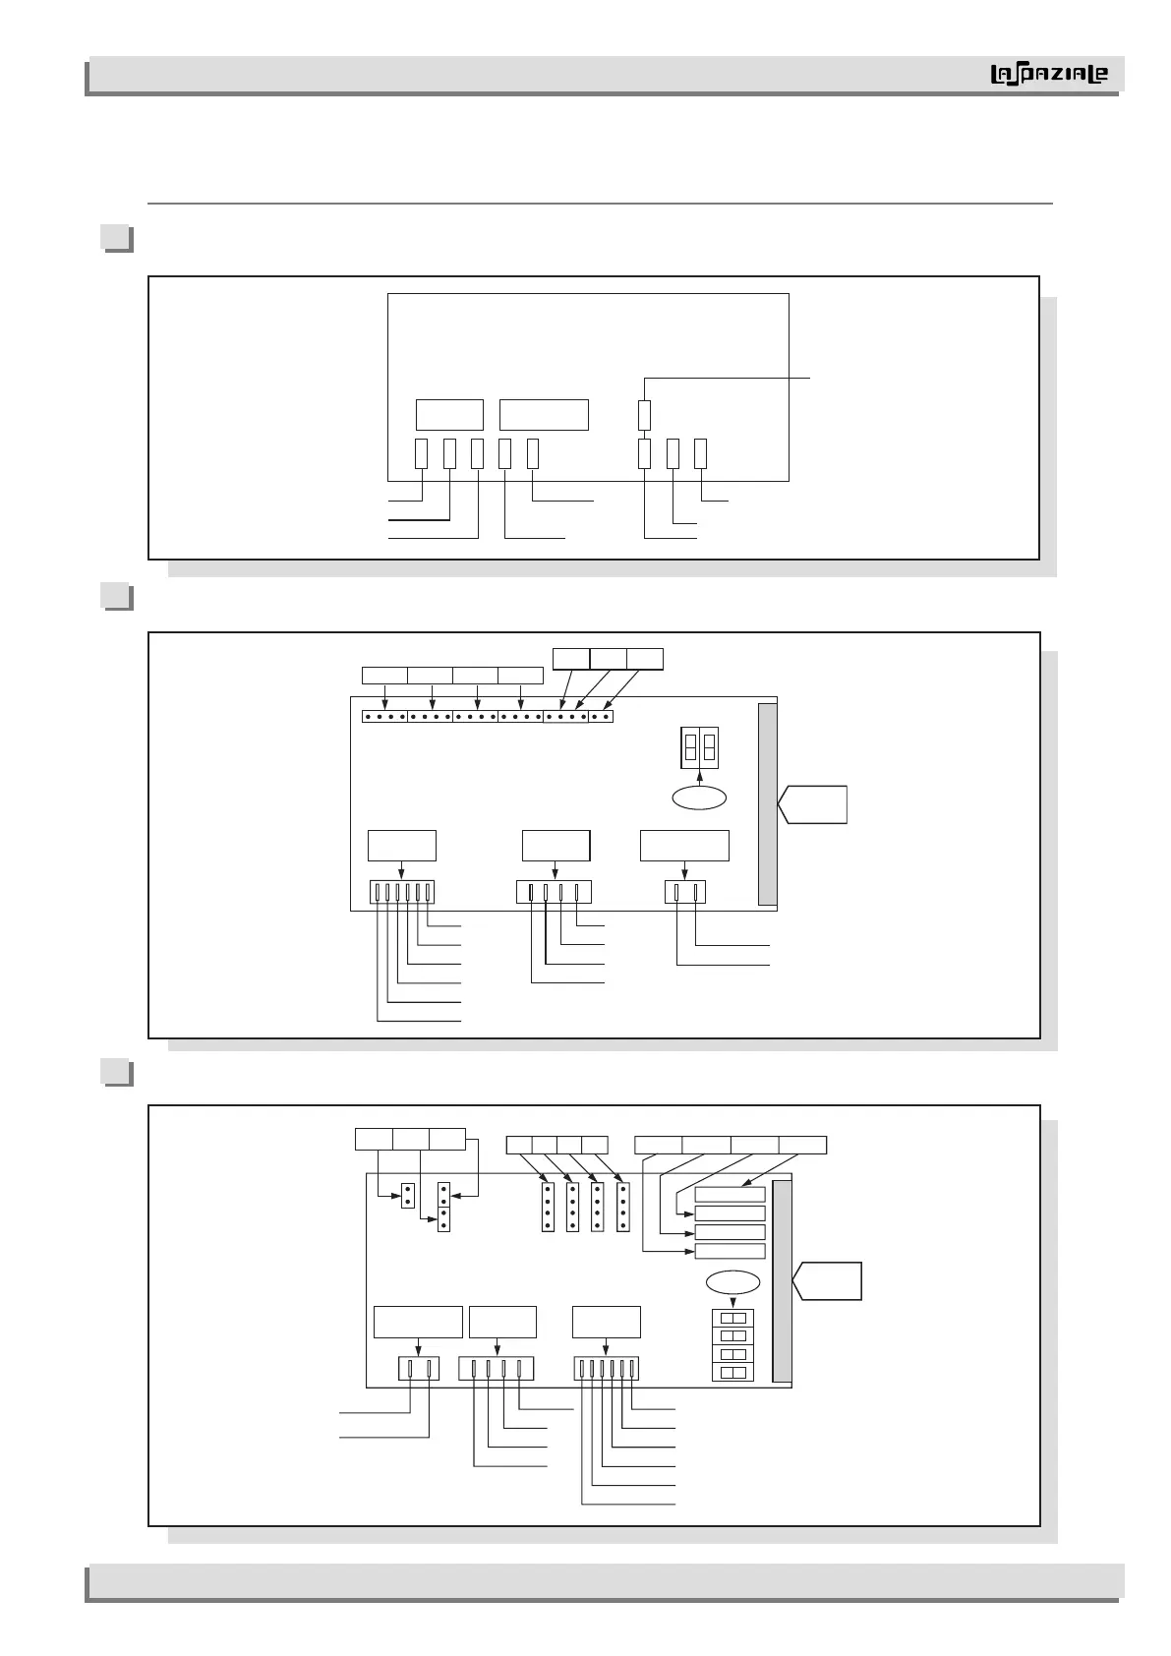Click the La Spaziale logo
pyautogui.click(x=1048, y=75)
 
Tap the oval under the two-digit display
pyautogui.click(x=699, y=798)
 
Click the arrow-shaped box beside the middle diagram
pyautogui.click(x=812, y=803)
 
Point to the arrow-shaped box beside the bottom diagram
pyautogui.click(x=827, y=1281)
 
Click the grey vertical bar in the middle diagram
pyautogui.click(x=768, y=803)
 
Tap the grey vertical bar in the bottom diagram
pyautogui.click(x=783, y=1281)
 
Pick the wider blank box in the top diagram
pyautogui.click(x=544, y=415)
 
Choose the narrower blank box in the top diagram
pyautogui.click(x=449, y=415)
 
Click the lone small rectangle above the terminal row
pyautogui.click(x=644, y=415)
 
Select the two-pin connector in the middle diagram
pyautogui.click(x=685, y=892)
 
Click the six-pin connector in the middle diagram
pyautogui.click(x=401, y=892)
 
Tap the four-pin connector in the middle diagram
pyautogui.click(x=554, y=892)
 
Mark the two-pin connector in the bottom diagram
pyautogui.click(x=419, y=1368)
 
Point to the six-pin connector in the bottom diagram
pyautogui.click(x=607, y=1368)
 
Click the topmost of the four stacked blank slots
pyautogui.click(x=730, y=1194)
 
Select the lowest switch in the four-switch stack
pyautogui.click(x=732, y=1372)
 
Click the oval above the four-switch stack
pyautogui.click(x=732, y=1282)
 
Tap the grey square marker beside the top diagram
pyautogui.click(x=116, y=238)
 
